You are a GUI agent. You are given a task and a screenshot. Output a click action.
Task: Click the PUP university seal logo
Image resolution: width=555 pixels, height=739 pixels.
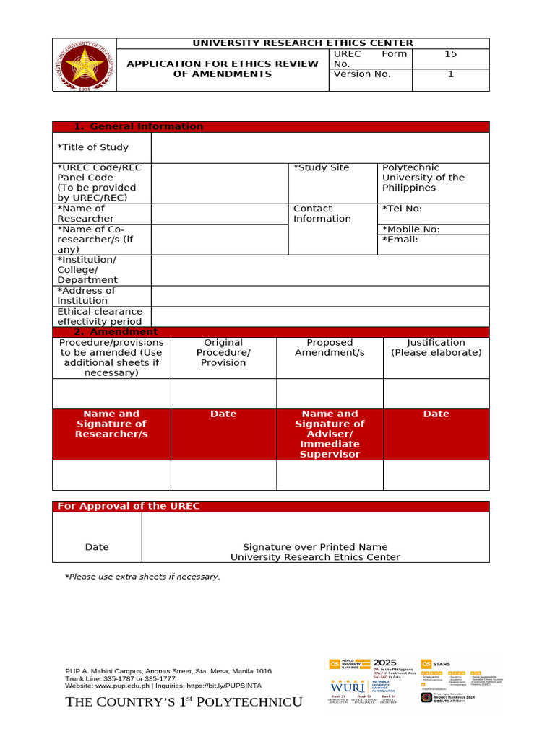(84, 65)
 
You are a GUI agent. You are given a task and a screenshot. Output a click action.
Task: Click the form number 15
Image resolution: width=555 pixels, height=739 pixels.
(450, 54)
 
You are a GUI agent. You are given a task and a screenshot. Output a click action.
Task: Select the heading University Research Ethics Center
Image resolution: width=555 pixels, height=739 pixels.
(302, 43)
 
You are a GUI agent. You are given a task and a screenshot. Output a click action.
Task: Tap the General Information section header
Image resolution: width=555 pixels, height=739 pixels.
(146, 126)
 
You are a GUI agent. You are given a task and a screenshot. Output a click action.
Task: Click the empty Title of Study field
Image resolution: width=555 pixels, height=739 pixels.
(319, 147)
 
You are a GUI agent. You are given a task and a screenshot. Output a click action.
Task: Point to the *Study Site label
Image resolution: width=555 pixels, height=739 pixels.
(321, 167)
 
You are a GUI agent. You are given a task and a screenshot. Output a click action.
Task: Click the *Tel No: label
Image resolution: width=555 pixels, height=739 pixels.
(402, 209)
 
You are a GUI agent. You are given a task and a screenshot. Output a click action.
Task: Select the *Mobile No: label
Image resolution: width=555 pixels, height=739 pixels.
(410, 229)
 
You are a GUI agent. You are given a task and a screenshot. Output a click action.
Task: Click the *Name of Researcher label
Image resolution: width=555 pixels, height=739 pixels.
(85, 214)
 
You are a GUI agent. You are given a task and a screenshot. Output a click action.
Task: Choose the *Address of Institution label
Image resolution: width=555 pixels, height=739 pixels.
(86, 296)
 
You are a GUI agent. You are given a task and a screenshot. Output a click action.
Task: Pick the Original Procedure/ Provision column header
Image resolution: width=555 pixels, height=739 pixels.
(223, 352)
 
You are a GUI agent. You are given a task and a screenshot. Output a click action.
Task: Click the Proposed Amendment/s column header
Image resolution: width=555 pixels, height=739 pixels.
(330, 347)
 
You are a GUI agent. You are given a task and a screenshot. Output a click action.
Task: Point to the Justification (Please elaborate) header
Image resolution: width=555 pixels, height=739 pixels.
(436, 347)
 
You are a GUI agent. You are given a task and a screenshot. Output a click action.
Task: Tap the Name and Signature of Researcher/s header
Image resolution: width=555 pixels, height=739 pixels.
(111, 424)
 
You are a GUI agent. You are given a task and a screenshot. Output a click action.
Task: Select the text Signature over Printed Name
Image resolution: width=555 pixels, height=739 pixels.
(315, 547)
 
